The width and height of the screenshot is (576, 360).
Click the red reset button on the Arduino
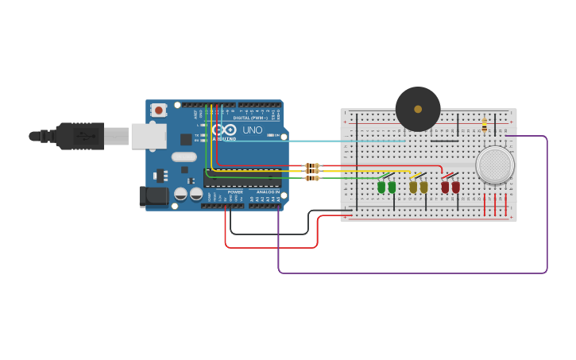pyautogui.click(x=159, y=110)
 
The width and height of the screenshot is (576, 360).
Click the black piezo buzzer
pyautogui.click(x=418, y=110)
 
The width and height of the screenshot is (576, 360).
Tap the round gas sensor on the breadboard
pyautogui.click(x=495, y=165)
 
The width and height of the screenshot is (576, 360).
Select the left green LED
pyautogui.click(x=381, y=187)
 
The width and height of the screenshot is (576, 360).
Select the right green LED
pyautogui.click(x=392, y=187)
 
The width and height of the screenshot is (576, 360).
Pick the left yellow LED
pyautogui.click(x=413, y=187)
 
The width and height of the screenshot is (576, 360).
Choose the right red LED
pyautogui.click(x=456, y=187)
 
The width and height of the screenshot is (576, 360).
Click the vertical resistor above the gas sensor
pyautogui.click(x=485, y=125)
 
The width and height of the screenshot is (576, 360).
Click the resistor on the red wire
pyautogui.click(x=312, y=165)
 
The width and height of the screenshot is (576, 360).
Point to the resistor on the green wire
pyautogui.click(x=312, y=178)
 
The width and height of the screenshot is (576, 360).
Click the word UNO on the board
pyautogui.click(x=252, y=130)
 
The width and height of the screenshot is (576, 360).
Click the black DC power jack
pyautogui.click(x=154, y=197)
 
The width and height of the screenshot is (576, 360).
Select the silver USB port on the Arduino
pyautogui.click(x=149, y=136)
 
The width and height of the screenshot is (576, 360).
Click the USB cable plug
pyautogui.click(x=79, y=136)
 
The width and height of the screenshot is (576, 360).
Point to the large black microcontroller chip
pyautogui.click(x=242, y=179)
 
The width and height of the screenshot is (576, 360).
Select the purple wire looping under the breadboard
pyautogui.click(x=413, y=273)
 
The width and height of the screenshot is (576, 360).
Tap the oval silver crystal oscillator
pyautogui.click(x=184, y=157)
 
